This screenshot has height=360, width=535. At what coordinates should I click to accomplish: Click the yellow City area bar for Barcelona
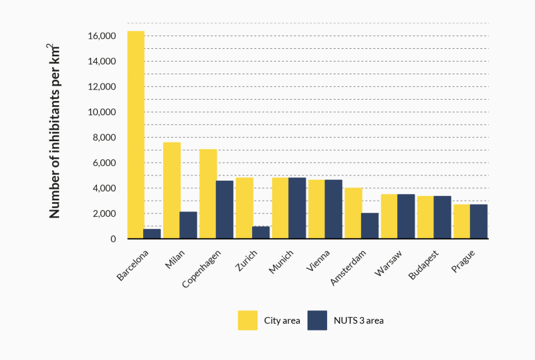pos(136,134)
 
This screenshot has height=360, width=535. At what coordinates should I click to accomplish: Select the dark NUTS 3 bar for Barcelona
pos(152,234)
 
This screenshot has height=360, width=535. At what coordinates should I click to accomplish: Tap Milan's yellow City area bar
pos(172,191)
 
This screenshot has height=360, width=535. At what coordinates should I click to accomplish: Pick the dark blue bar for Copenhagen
pos(225,209)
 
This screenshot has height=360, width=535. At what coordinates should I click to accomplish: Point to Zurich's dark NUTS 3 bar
pos(261,232)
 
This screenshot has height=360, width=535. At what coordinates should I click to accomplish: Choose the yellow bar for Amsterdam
pos(352,213)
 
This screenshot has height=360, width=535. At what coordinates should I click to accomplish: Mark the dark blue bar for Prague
pos(479,221)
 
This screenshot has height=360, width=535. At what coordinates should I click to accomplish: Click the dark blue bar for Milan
pos(188,225)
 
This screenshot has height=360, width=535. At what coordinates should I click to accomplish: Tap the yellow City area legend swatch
pos(247,321)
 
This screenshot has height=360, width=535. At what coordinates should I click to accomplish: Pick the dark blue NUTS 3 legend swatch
pos(317,321)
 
